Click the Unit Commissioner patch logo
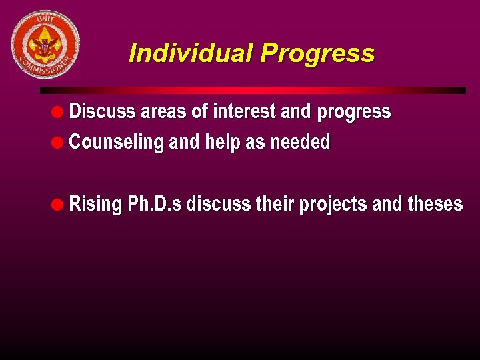coord(45,45)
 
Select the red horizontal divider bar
coord(253,90)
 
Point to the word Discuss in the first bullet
coord(102,111)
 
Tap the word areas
coord(163,111)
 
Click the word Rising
coord(95,204)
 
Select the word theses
coord(435,203)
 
